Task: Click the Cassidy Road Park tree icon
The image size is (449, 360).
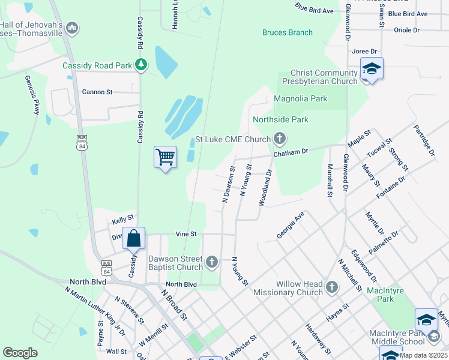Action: click(141, 64)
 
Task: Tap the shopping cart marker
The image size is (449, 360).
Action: click(165, 158)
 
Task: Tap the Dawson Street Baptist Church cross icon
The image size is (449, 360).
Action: click(211, 262)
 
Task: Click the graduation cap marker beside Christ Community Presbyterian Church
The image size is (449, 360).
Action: click(372, 69)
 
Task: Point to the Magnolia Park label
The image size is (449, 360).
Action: click(301, 98)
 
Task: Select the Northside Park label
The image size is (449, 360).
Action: click(280, 119)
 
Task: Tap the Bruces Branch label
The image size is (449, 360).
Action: click(288, 32)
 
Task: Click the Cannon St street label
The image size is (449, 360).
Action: click(97, 92)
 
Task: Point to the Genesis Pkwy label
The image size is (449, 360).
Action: click(31, 94)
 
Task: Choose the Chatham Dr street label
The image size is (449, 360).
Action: click(291, 153)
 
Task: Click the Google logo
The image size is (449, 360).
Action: click(20, 353)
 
